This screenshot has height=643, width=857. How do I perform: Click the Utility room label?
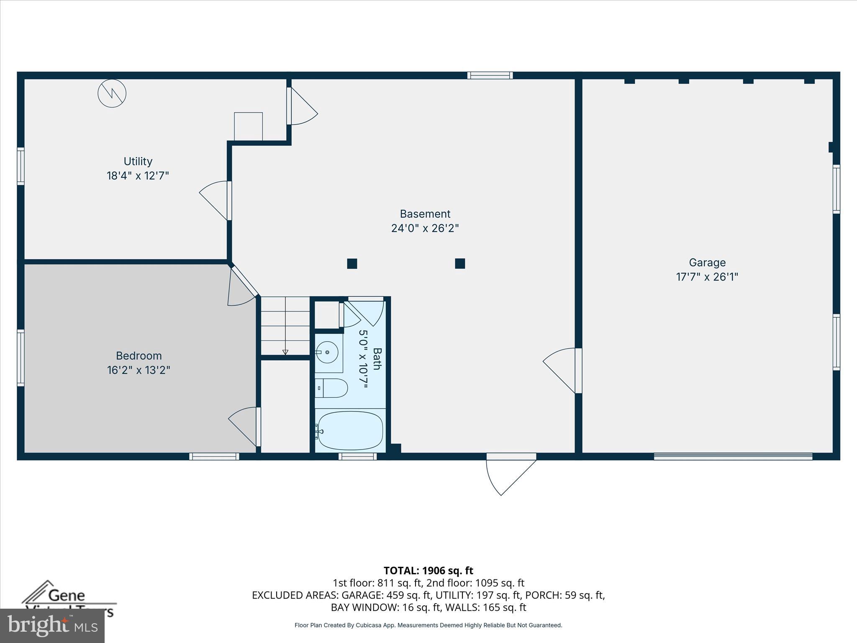tap(138, 161)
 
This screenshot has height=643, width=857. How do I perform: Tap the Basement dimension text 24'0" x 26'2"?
tap(425, 228)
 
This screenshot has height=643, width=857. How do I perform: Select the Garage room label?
tap(707, 262)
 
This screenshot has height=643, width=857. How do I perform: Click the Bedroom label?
tap(139, 356)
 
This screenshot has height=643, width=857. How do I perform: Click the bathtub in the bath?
tap(350, 430)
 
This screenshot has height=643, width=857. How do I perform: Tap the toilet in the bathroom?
tap(331, 388)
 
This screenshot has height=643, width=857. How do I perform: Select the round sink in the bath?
tap(327, 352)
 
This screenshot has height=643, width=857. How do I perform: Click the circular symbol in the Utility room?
tap(112, 93)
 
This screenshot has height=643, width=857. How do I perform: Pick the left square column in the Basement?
tap(352, 263)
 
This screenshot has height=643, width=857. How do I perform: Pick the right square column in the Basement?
tap(460, 263)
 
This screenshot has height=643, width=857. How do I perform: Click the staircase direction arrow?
tap(285, 352)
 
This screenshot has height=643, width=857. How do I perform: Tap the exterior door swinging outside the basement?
tap(511, 475)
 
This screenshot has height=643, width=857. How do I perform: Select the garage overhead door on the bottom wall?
tap(733, 456)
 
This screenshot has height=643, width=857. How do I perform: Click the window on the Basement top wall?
tap(490, 75)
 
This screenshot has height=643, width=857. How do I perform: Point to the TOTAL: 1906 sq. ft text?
tap(428, 571)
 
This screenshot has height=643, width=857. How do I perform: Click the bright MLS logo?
tap(52, 625)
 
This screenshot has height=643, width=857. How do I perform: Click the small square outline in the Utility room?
tap(248, 126)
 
